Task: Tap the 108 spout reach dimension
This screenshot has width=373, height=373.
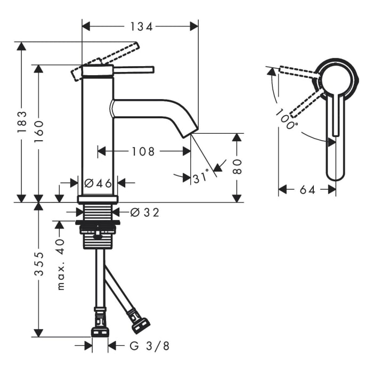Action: click(143, 152)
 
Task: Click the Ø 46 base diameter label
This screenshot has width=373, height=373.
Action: click(98, 183)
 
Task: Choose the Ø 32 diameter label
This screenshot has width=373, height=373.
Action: click(144, 213)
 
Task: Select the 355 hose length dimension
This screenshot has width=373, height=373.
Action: click(39, 271)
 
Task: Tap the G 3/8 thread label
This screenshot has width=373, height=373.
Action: click(150, 346)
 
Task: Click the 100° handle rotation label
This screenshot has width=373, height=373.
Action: click(287, 120)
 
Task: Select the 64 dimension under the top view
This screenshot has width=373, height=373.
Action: click(307, 190)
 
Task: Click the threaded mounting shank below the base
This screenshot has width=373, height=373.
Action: click(98, 226)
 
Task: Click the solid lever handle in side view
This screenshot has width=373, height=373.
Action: click(133, 69)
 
